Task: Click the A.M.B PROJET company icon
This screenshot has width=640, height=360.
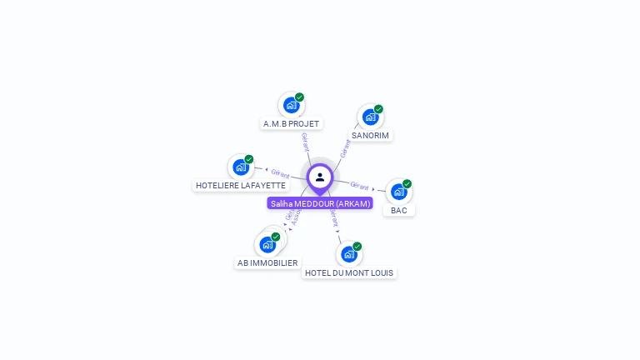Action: [291, 105]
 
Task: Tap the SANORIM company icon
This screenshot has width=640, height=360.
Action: [370, 117]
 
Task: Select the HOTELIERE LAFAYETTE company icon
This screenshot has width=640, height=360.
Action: [241, 167]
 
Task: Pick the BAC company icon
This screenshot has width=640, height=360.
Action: [398, 192]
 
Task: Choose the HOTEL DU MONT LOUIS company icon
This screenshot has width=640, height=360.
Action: [348, 254]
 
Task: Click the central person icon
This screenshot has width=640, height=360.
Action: [320, 177]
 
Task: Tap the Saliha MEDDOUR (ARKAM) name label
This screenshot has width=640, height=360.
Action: [320, 203]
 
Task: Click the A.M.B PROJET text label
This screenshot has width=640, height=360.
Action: [291, 124]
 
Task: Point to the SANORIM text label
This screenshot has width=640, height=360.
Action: [370, 135]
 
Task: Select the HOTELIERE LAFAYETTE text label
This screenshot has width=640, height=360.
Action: [240, 185]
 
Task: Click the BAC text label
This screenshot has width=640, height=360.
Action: [399, 210]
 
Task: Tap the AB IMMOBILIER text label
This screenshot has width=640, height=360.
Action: [267, 262]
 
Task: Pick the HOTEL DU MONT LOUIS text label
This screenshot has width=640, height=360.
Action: [349, 272]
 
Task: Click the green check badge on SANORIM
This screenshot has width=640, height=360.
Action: [378, 109]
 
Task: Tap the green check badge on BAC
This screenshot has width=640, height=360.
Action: [407, 184]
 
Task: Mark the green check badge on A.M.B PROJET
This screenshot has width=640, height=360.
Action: [299, 97]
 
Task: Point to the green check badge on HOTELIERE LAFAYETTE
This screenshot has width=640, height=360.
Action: [248, 159]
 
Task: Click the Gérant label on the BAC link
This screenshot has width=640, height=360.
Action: [359, 186]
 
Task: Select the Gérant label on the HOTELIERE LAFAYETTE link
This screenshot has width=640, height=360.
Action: [280, 173]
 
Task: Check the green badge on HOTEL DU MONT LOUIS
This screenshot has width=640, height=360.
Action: [357, 247]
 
